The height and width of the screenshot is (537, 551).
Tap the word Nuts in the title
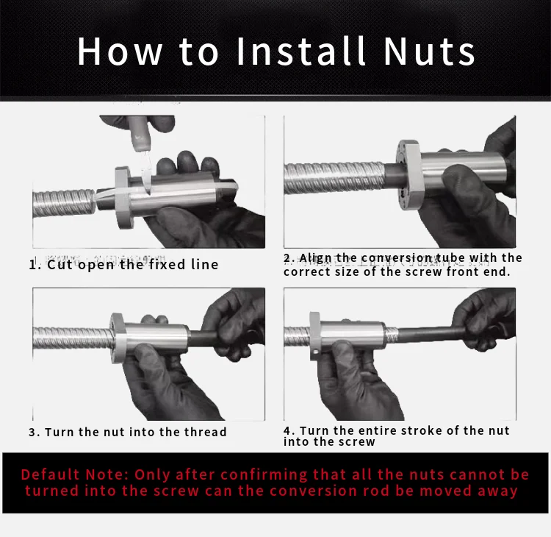tap(429, 51)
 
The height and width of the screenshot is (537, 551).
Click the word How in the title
tap(120, 51)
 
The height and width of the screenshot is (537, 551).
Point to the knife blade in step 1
tap(147, 172)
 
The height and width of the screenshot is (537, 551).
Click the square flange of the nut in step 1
tap(123, 197)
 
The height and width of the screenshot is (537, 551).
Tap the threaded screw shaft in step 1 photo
tap(64, 204)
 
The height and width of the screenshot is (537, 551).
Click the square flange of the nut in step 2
tap(409, 175)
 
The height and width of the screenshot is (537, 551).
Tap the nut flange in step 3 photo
tap(118, 338)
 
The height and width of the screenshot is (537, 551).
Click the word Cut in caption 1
tap(59, 265)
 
